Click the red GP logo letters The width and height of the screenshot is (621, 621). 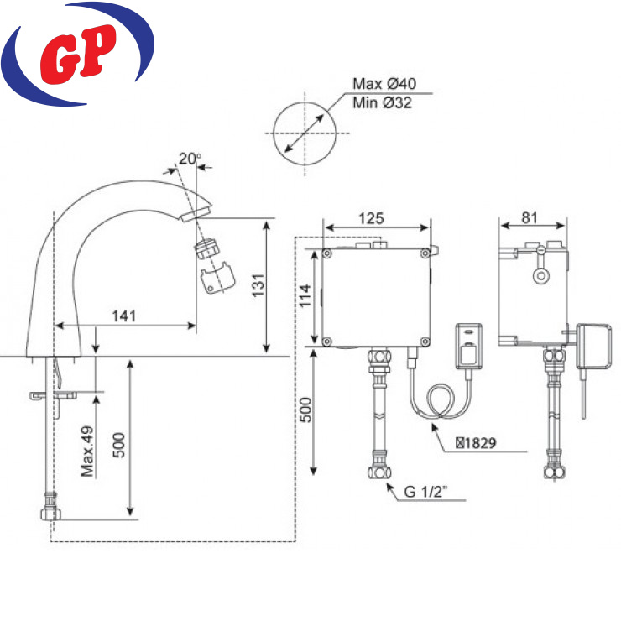click(78, 55)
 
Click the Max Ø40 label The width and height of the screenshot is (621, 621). click(384, 84)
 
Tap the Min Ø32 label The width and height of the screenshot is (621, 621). click(382, 102)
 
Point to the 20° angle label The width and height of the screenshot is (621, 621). click(190, 159)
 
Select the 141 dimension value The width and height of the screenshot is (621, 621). click(124, 316)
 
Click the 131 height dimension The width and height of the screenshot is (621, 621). click(258, 285)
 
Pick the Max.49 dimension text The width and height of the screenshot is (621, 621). click(87, 451)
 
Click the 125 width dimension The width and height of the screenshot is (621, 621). click(371, 218)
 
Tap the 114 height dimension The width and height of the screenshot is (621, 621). click(305, 296)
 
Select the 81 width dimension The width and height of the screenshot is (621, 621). click(530, 217)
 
